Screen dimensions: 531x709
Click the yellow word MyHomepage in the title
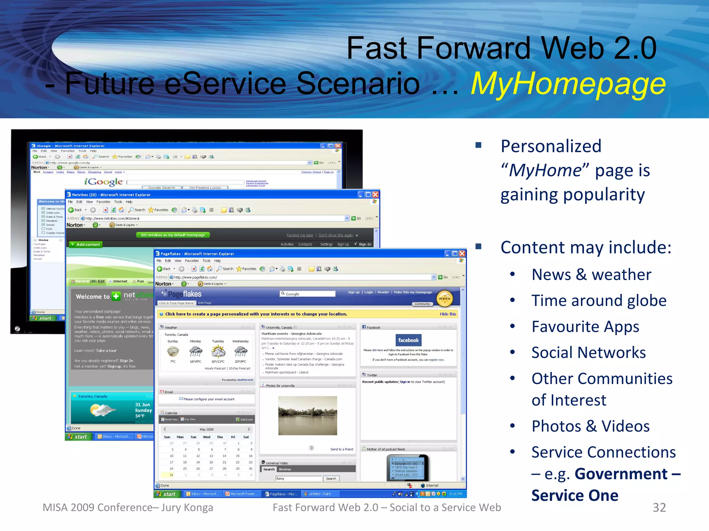568,84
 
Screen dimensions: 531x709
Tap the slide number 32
659,507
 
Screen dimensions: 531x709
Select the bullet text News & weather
591,275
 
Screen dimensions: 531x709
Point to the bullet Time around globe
599,301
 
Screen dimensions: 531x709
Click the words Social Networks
589,353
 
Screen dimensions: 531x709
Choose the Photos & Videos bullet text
591,426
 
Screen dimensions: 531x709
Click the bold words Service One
575,495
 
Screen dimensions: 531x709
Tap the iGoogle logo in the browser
104,181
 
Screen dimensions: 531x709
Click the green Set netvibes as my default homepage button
173,235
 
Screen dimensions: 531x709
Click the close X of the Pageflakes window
462,253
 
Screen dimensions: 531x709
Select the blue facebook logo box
408,340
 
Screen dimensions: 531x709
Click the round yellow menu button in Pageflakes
445,298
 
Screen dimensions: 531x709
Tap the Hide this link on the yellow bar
448,314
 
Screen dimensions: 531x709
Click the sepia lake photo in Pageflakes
307,416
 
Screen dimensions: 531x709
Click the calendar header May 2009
206,429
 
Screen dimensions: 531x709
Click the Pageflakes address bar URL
196,277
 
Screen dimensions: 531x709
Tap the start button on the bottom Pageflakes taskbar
167,494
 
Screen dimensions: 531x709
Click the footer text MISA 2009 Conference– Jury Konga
128,507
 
